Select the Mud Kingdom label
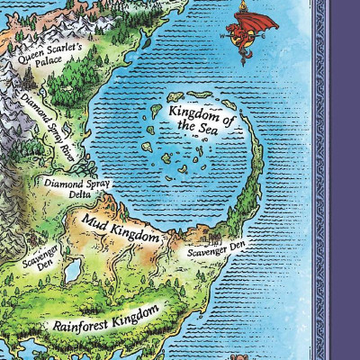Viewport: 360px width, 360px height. tap(121, 227)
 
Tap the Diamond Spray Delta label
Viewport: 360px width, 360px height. tap(76, 187)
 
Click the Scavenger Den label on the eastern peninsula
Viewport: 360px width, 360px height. tap(216, 247)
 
